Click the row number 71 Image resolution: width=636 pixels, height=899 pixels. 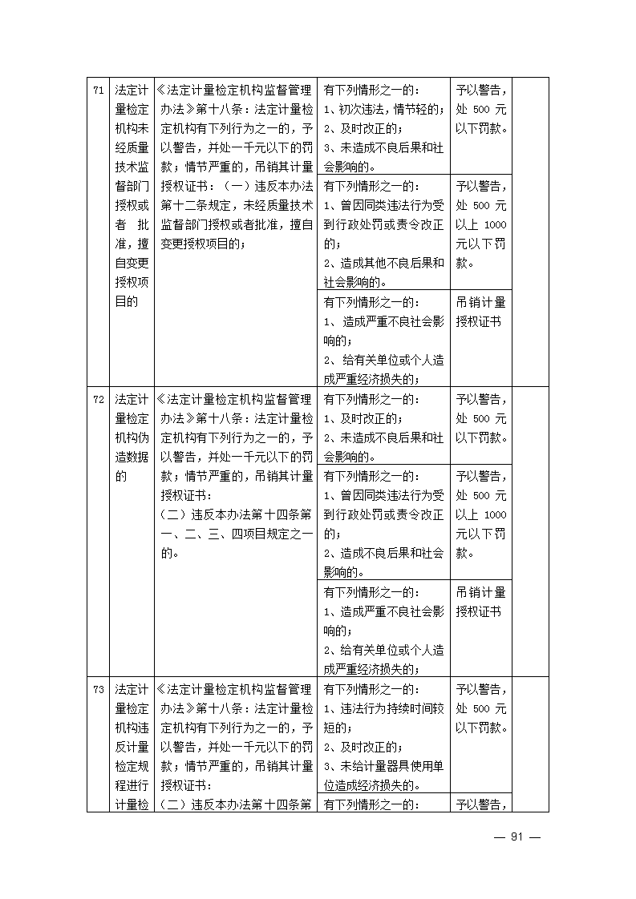coord(98,90)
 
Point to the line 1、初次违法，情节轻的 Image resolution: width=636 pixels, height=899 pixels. coord(383,109)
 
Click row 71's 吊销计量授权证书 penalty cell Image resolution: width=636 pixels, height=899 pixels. coord(480,312)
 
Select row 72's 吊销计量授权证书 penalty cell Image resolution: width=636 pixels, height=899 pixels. coord(480,602)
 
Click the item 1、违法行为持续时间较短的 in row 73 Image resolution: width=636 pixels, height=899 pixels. coord(383,718)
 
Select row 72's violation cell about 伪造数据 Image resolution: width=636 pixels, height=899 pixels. coord(131,437)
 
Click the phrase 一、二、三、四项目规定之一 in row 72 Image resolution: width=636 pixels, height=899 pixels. coord(235,534)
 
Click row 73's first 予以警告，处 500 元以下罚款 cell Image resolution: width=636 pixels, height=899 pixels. coord(480,708)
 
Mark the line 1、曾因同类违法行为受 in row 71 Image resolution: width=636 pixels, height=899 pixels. coord(383,206)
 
